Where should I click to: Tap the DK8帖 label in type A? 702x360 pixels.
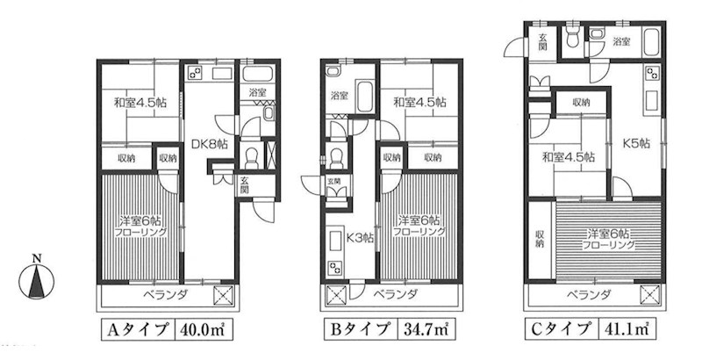point(210,144)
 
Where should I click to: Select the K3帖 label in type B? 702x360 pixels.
point(361,237)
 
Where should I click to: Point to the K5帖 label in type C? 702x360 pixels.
point(637,143)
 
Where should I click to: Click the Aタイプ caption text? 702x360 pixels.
point(139,330)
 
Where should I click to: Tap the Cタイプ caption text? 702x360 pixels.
point(562,329)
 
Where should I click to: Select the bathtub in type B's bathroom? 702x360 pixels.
point(364,97)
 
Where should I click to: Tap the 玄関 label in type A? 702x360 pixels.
point(244,185)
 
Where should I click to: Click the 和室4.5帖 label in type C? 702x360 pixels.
point(569,157)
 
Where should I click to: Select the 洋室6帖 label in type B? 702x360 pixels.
point(419,220)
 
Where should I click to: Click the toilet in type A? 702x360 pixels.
point(252,156)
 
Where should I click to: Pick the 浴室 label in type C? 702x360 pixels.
point(621,41)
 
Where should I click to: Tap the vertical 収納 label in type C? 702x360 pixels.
point(540,239)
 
